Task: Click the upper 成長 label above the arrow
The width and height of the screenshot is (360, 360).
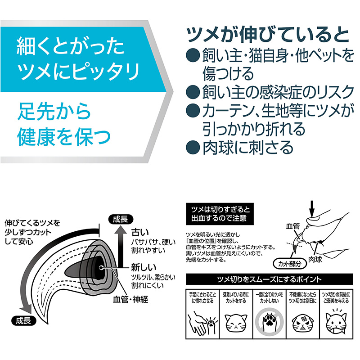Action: (x=121, y=219)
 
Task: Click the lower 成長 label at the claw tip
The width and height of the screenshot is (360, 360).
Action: (x=24, y=321)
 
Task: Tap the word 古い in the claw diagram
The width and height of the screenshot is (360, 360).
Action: (x=140, y=232)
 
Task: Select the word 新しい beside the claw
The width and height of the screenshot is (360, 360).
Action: (x=144, y=267)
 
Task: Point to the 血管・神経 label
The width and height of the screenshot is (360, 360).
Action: (x=130, y=299)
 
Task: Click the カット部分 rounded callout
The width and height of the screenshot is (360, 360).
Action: (x=290, y=264)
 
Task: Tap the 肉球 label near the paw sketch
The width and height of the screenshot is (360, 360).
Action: (x=315, y=260)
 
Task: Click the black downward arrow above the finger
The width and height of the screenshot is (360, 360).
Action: (x=311, y=208)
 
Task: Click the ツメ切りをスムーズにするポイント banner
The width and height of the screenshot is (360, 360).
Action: (x=269, y=279)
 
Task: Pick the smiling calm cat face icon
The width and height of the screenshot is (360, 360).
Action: (x=236, y=323)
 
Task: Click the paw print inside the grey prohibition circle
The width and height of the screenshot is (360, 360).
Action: (x=269, y=322)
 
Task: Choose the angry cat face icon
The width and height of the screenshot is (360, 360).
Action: (x=302, y=323)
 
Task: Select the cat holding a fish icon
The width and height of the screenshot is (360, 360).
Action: (x=336, y=322)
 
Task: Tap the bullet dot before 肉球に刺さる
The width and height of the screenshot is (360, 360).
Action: (x=193, y=147)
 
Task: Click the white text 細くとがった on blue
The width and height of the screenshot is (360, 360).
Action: (x=70, y=47)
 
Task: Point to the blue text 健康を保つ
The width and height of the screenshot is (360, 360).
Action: (x=64, y=137)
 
